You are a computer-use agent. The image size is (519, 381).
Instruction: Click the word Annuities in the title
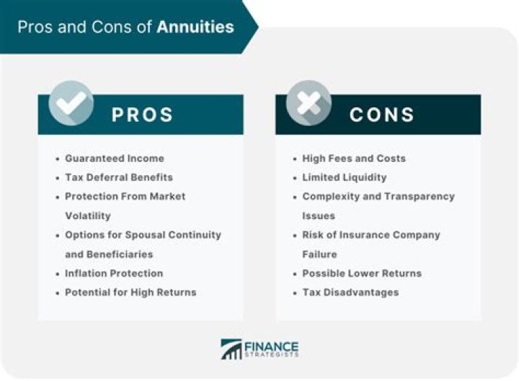pos(195,27)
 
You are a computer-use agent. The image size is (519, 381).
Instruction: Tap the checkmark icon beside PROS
pos(71,103)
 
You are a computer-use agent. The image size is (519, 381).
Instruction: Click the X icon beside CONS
pos(309,103)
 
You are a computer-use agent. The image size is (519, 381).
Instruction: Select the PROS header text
pos(142,115)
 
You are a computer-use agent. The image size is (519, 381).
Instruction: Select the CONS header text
pos(381,115)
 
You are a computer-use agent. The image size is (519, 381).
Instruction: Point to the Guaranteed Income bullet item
pos(115,158)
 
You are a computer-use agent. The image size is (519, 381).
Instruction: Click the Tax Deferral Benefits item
pos(119,177)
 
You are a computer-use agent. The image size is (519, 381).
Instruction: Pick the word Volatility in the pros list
pos(88,215)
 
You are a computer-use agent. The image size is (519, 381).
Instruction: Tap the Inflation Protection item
pos(114,273)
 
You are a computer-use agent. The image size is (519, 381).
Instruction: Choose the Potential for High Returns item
pos(130,292)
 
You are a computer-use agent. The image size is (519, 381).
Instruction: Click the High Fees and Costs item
pos(354,158)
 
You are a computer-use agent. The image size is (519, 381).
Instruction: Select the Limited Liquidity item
pos(345,177)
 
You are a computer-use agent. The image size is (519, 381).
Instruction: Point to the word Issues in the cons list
pos(319,215)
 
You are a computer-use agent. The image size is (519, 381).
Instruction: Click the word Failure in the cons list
pos(320,254)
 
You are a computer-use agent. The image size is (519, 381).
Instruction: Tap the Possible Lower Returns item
pos(362,273)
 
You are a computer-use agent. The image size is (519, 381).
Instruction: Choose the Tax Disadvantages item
pos(350,292)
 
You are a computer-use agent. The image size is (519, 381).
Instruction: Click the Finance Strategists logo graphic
pos(231,349)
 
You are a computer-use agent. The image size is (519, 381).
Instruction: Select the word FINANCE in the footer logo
pos(272,346)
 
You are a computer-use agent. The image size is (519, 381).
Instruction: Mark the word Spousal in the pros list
pos(146,235)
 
